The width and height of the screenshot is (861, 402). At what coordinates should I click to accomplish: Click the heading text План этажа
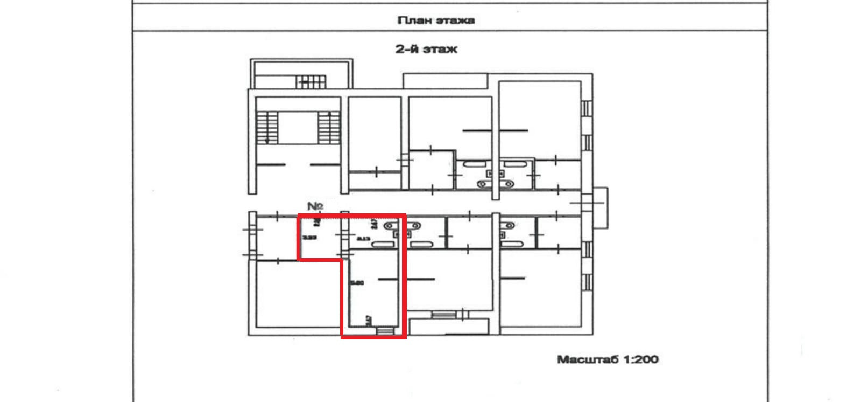pos(436,20)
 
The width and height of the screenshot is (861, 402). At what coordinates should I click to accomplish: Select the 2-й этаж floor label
pos(426,49)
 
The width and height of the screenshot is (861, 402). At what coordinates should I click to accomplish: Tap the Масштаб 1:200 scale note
pos(608,359)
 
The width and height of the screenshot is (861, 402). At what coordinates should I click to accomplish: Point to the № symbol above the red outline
pos(315,206)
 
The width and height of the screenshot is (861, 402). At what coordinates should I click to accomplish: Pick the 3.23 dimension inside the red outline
pos(308,237)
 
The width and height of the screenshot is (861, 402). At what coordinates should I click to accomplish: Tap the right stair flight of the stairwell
pos(327,127)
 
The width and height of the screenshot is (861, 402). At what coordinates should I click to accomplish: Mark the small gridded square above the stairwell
pos(312,81)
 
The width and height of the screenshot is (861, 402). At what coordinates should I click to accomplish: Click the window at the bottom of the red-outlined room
pos(384,330)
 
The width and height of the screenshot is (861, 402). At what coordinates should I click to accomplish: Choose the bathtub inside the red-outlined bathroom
pos(383,244)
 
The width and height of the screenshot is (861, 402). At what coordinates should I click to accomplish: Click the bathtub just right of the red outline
pos(422,244)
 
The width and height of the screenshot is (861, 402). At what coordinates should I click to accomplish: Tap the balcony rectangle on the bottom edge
pos(449,327)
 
